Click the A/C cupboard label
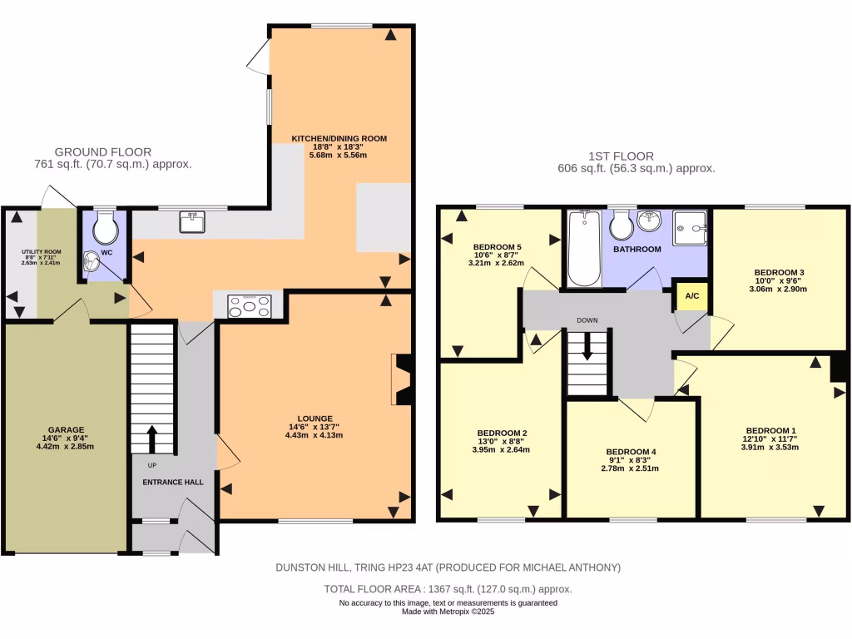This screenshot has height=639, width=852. point(691,296)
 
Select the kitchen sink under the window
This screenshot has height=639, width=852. point(193,221)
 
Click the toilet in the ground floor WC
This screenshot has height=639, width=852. point(106,227)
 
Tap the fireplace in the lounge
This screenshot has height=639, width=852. point(402,379)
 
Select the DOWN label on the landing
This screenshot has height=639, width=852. point(587,319)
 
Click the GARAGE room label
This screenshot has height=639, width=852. point(64,430)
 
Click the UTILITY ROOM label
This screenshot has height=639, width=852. point(42,251)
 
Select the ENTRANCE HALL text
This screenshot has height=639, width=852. point(173,482)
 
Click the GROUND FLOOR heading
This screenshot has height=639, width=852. point(103,151)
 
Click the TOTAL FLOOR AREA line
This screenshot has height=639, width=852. point(448,588)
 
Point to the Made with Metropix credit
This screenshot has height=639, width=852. point(448,611)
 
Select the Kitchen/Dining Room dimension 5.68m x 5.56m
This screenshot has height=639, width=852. point(338,155)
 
